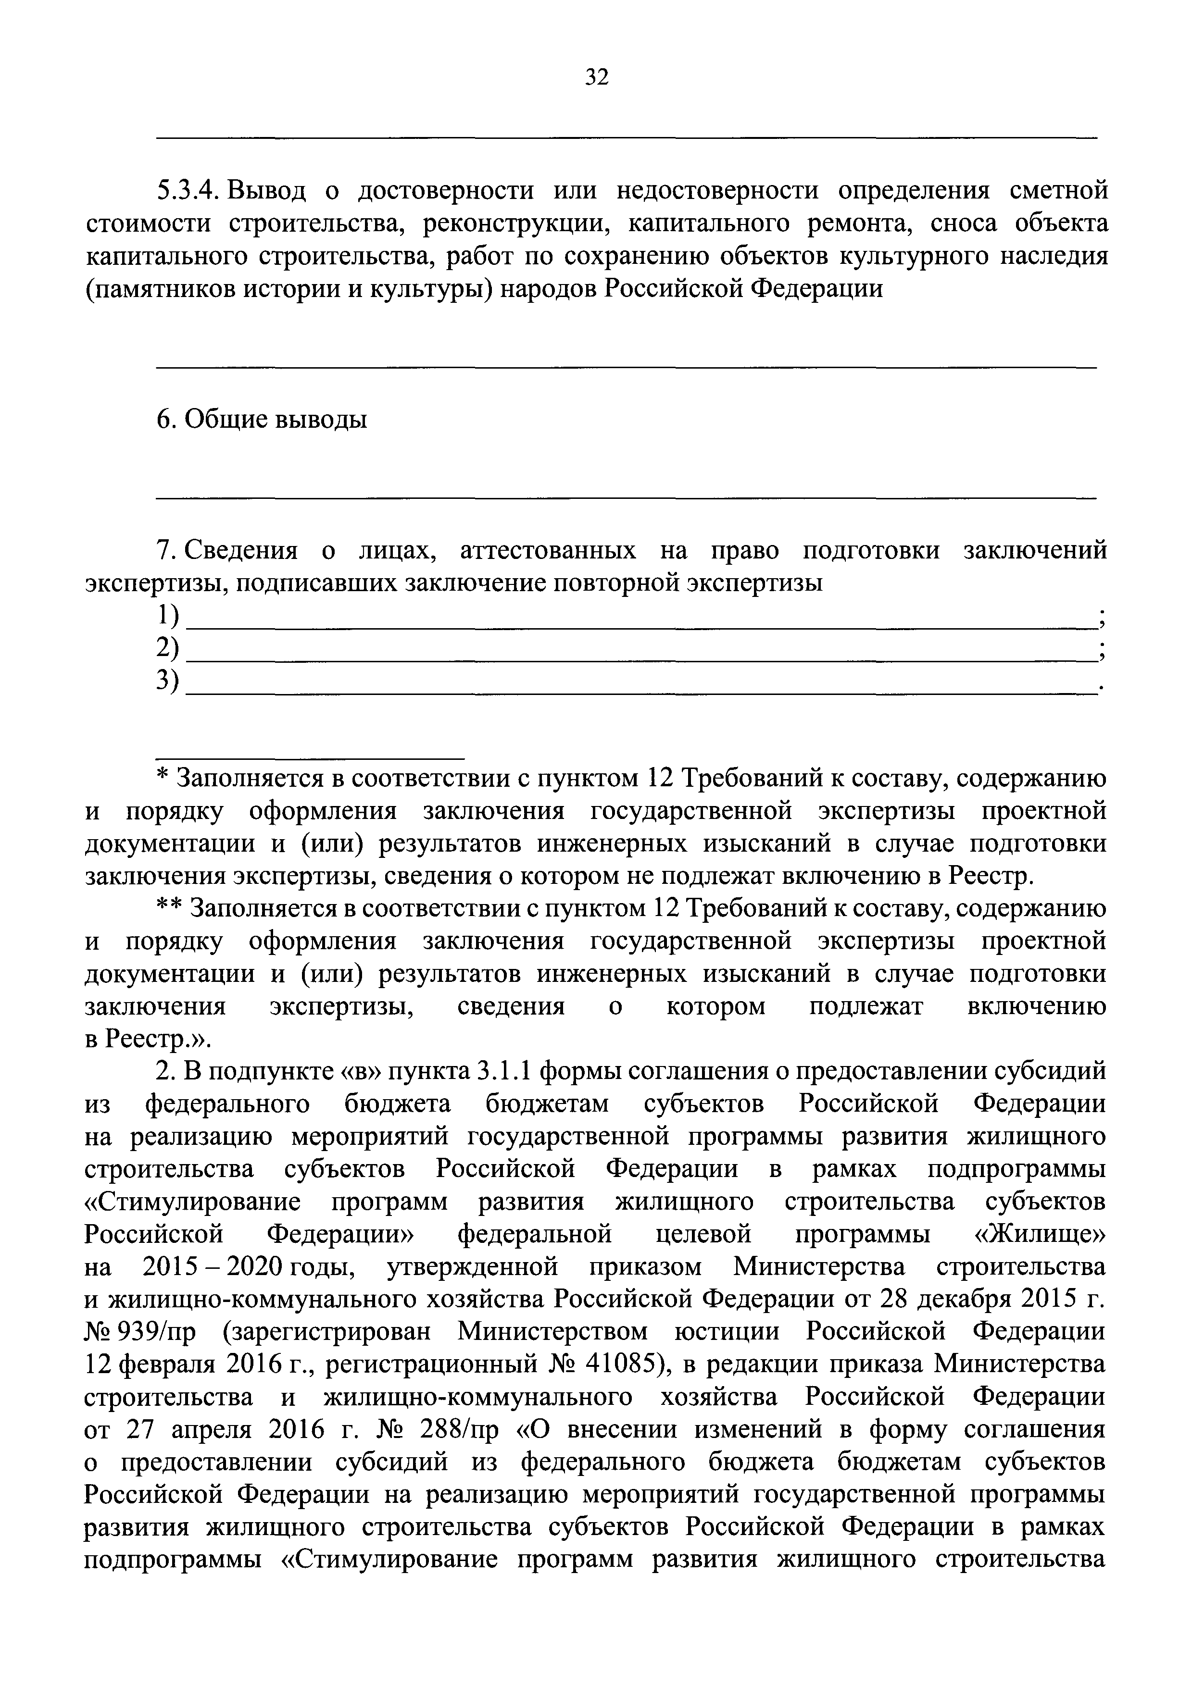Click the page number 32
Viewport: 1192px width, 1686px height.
point(596,77)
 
